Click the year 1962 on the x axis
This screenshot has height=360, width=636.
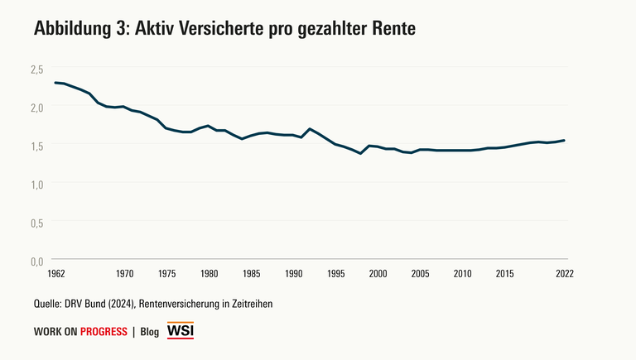click(x=56, y=273)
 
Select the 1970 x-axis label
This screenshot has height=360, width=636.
click(x=124, y=273)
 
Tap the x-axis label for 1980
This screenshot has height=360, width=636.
click(x=209, y=273)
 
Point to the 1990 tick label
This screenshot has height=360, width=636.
click(x=293, y=273)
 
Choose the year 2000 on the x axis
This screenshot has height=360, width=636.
click(x=378, y=273)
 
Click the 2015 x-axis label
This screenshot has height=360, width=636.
click(x=504, y=273)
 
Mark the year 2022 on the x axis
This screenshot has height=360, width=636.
click(x=565, y=273)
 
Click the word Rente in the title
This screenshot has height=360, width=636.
click(x=389, y=29)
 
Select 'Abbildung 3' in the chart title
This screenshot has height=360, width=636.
click(x=77, y=29)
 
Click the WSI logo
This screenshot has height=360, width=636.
click(x=181, y=331)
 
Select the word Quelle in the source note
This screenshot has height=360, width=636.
click(x=49, y=304)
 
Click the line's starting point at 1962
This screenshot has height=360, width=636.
click(x=55, y=83)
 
